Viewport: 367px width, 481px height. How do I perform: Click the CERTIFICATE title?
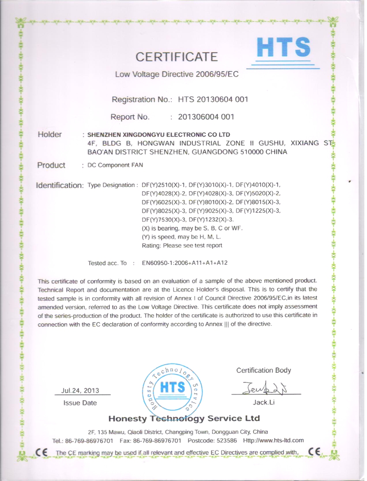[177, 57]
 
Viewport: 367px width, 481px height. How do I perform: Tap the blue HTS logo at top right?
[283, 48]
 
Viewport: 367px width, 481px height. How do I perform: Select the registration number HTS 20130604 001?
[212, 100]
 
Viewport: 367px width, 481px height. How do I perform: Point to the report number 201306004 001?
[206, 117]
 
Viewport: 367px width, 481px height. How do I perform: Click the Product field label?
[52, 165]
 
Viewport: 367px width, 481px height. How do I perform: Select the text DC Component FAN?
[115, 165]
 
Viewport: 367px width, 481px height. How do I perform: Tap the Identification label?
[60, 185]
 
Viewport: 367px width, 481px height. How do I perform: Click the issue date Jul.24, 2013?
[80, 391]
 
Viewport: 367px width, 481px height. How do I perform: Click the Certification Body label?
[264, 370]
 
